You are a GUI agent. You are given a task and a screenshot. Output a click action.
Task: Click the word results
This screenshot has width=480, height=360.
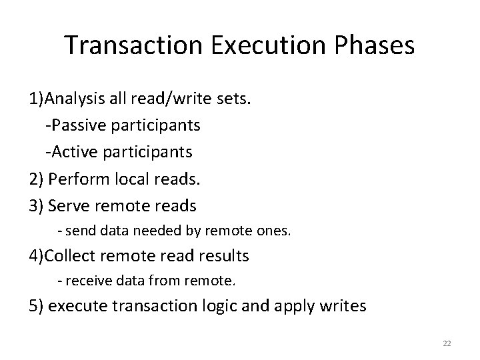pos(219,255)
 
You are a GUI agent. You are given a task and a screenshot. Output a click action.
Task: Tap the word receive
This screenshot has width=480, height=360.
pos(85,281)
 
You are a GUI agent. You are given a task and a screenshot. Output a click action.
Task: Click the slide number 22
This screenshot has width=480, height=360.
pos(447,343)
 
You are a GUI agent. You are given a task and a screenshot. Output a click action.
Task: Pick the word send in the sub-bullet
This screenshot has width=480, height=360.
pos(77,230)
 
